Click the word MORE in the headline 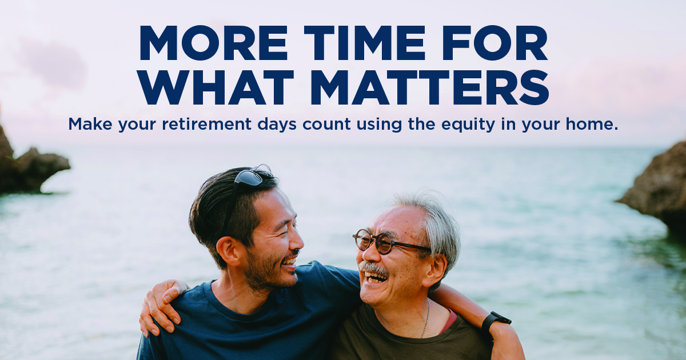pos(213,43)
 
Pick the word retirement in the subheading pos(206,125)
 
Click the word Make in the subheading pos(90,124)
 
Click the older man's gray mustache pos(374,268)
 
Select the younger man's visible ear pos(229,250)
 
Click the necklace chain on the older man pos(426,318)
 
